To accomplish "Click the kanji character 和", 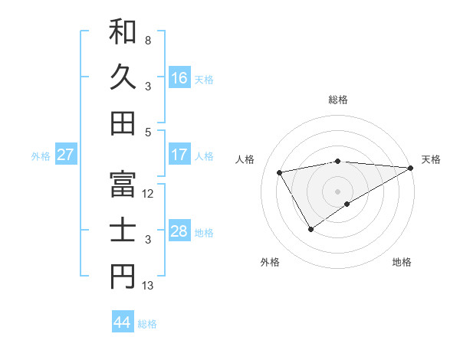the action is tap(123, 32).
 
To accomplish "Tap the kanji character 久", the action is tap(123, 77).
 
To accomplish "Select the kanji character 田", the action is tap(123, 123).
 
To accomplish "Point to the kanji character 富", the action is tap(123, 185).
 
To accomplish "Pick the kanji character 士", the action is tap(123, 231).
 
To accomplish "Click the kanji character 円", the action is tap(123, 277).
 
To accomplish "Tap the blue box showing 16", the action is tap(179, 78).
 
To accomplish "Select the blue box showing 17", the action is tap(179, 155).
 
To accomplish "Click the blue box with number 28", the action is tap(179, 231).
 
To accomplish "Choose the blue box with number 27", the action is tap(66, 155).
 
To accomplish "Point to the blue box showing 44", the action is tap(123, 322).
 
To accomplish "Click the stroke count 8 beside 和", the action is tap(148, 40).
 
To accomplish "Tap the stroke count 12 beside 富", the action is tap(148, 194).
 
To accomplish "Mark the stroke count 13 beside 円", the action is tap(148, 286).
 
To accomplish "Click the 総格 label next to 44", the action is tap(147, 324).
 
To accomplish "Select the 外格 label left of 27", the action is tap(41, 156).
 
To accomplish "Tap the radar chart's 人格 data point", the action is tap(280, 172).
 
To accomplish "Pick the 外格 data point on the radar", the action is tap(310, 228).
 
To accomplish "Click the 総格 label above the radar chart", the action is tap(338, 100).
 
